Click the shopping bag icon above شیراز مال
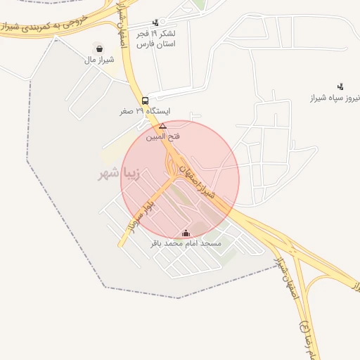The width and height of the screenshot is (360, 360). click(101, 49)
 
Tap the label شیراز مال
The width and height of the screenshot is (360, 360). click(100, 60)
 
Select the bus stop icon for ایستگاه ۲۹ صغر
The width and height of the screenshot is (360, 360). click(145, 101)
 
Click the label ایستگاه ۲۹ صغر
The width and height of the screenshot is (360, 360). click(145, 111)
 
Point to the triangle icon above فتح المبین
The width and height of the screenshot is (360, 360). click(162, 126)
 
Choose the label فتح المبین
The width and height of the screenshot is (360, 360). click(162, 136)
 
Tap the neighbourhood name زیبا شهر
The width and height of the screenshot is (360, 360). click(119, 174)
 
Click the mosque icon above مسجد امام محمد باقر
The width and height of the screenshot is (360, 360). click(186, 233)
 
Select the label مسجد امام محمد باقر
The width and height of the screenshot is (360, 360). click(186, 243)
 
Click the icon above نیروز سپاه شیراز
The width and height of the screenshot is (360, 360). click(341, 86)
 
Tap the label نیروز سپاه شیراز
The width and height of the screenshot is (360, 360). click(336, 98)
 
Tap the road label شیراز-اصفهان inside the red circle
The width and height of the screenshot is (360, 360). click(202, 181)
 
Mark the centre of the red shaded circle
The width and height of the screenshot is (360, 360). click(180, 179)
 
